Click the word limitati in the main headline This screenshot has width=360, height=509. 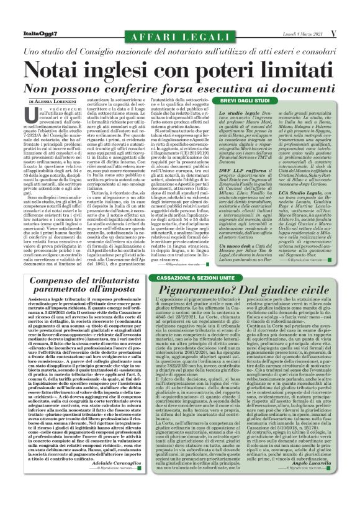coord(289,62)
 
